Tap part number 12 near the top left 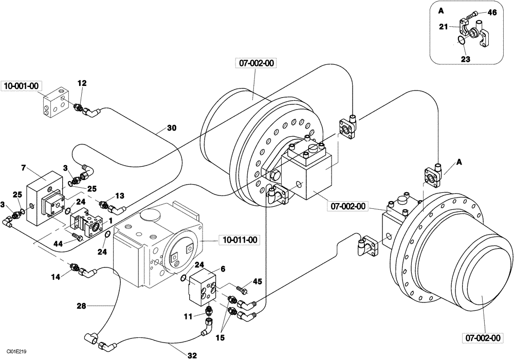pyautogui.click(x=82, y=83)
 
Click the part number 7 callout pyautogui.click(x=23, y=167)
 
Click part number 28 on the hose pyautogui.click(x=81, y=306)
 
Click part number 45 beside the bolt pyautogui.click(x=257, y=281)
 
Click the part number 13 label pyautogui.click(x=119, y=195)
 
